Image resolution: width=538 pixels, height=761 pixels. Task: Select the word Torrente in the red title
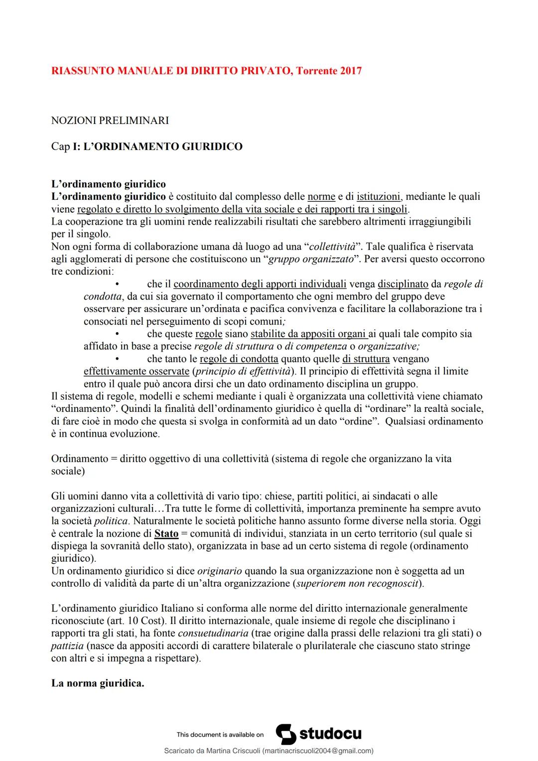(317, 71)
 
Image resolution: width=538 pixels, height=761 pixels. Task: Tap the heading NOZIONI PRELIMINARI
(110, 121)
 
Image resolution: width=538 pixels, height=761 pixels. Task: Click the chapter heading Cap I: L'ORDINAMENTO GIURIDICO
(147, 146)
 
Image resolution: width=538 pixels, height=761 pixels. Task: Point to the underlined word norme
(321, 197)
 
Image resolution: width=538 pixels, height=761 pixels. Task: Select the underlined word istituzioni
(379, 197)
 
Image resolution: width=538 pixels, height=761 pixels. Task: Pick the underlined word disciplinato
(403, 284)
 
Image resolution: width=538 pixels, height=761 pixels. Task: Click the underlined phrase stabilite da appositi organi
(309, 334)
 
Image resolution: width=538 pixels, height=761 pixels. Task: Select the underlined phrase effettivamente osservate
(136, 371)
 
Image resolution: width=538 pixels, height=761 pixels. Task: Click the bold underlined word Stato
(166, 533)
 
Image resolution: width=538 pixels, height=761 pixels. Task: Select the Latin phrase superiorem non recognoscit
(357, 583)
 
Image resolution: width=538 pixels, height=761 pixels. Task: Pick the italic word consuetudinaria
(213, 633)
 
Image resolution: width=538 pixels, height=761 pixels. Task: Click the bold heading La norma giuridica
(98, 683)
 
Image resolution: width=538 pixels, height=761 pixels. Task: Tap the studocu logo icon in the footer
(285, 734)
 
